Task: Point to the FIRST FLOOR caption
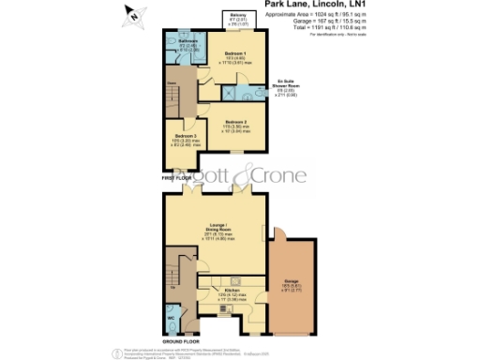177,176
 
